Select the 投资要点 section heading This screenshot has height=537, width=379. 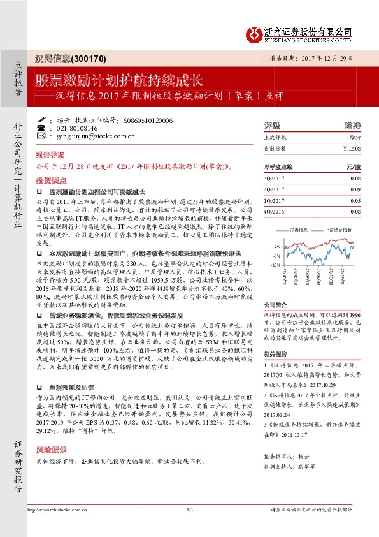coord(50,180)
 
